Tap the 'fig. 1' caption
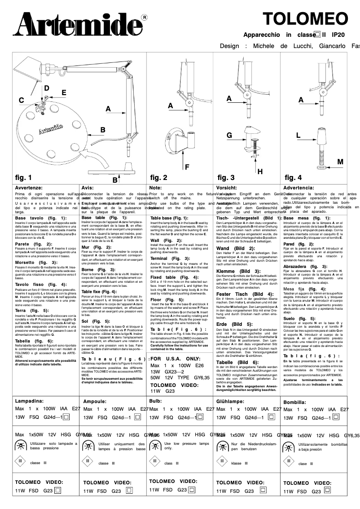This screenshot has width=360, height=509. click(24, 177)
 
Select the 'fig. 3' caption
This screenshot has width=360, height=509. click(226, 177)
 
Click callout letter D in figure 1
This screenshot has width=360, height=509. click(46, 88)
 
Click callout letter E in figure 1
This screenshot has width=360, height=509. click(64, 92)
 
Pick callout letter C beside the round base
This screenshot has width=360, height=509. click(21, 101)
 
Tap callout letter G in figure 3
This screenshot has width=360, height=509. click(229, 135)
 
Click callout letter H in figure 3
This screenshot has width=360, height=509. click(260, 171)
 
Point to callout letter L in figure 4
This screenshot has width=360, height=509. click(298, 135)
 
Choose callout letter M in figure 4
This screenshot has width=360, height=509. click(340, 161)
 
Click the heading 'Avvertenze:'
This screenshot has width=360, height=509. click(29, 188)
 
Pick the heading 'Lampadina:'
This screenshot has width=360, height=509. click(29, 401)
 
